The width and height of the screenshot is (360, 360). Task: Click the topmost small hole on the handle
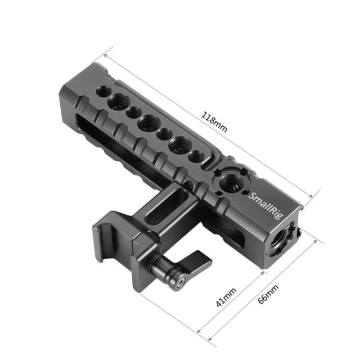[105, 90]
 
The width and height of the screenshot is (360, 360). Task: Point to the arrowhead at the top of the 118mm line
[106, 55]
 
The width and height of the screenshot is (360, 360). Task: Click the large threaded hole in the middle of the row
[149, 123]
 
